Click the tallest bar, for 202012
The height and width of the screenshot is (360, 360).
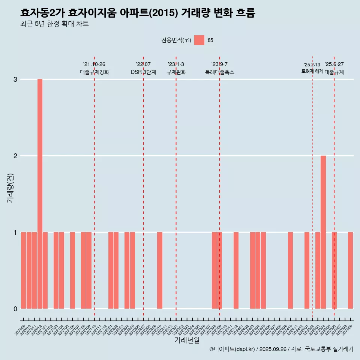pos(40,193)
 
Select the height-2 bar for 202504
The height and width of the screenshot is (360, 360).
pos(323,232)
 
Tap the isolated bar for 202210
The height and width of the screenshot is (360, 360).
pos(160,270)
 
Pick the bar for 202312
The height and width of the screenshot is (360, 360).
pos(236,270)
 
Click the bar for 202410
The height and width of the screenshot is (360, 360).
pos(290,270)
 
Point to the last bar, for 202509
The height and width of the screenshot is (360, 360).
pos(350,270)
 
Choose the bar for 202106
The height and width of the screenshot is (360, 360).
pos(72,270)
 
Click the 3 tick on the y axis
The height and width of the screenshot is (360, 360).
pos(15,79)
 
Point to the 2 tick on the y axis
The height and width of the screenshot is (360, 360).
pos(15,156)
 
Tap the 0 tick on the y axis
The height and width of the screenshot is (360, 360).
pos(15,309)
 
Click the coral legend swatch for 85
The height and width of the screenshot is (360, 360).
pos(199,40)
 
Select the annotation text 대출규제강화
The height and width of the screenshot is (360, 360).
pos(94,72)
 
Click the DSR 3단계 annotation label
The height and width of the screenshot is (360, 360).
pos(143,72)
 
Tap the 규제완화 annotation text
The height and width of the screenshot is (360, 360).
pos(176,72)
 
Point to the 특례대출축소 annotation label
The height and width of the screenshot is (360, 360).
pos(220,72)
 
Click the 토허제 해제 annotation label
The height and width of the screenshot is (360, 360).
pos(312,71)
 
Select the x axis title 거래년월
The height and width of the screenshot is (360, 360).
pos(187,340)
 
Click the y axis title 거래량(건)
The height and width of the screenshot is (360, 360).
pos(10,187)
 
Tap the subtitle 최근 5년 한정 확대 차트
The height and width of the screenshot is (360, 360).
pos(55,24)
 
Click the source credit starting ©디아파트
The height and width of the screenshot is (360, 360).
pos(281,349)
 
